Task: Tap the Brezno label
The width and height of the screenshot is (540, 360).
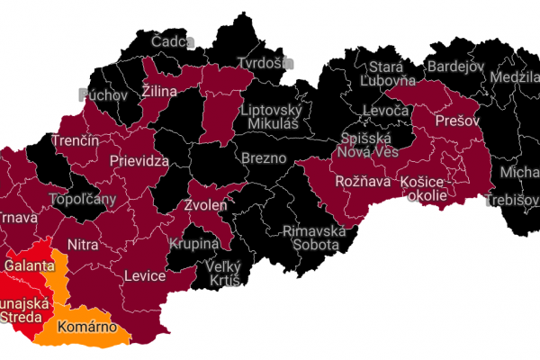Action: click(x=264, y=157)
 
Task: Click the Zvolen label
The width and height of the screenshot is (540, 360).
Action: click(x=205, y=206)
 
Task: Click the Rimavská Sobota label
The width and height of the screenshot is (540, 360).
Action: click(x=308, y=238)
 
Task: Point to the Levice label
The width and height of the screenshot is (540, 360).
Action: click(x=143, y=275)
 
